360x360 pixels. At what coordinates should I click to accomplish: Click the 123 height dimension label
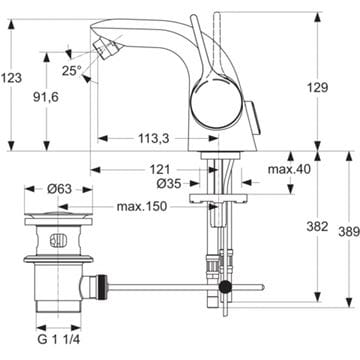pyautogui.click(x=11, y=78)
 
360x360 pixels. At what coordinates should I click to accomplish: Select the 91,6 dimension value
pyautogui.click(x=46, y=97)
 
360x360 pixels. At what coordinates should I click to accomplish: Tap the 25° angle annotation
pyautogui.click(x=72, y=71)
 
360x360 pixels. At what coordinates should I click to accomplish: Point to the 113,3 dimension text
pyautogui.click(x=154, y=138)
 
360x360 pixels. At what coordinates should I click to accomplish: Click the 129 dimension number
pyautogui.click(x=317, y=88)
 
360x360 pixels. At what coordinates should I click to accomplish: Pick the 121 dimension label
pyautogui.click(x=159, y=170)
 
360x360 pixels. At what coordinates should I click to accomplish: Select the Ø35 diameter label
pyautogui.click(x=169, y=183)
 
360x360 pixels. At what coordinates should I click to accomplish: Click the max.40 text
pyautogui.click(x=289, y=169)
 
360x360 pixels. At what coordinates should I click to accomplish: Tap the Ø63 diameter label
pyautogui.click(x=59, y=189)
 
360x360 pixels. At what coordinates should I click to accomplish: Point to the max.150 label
pyautogui.click(x=141, y=207)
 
